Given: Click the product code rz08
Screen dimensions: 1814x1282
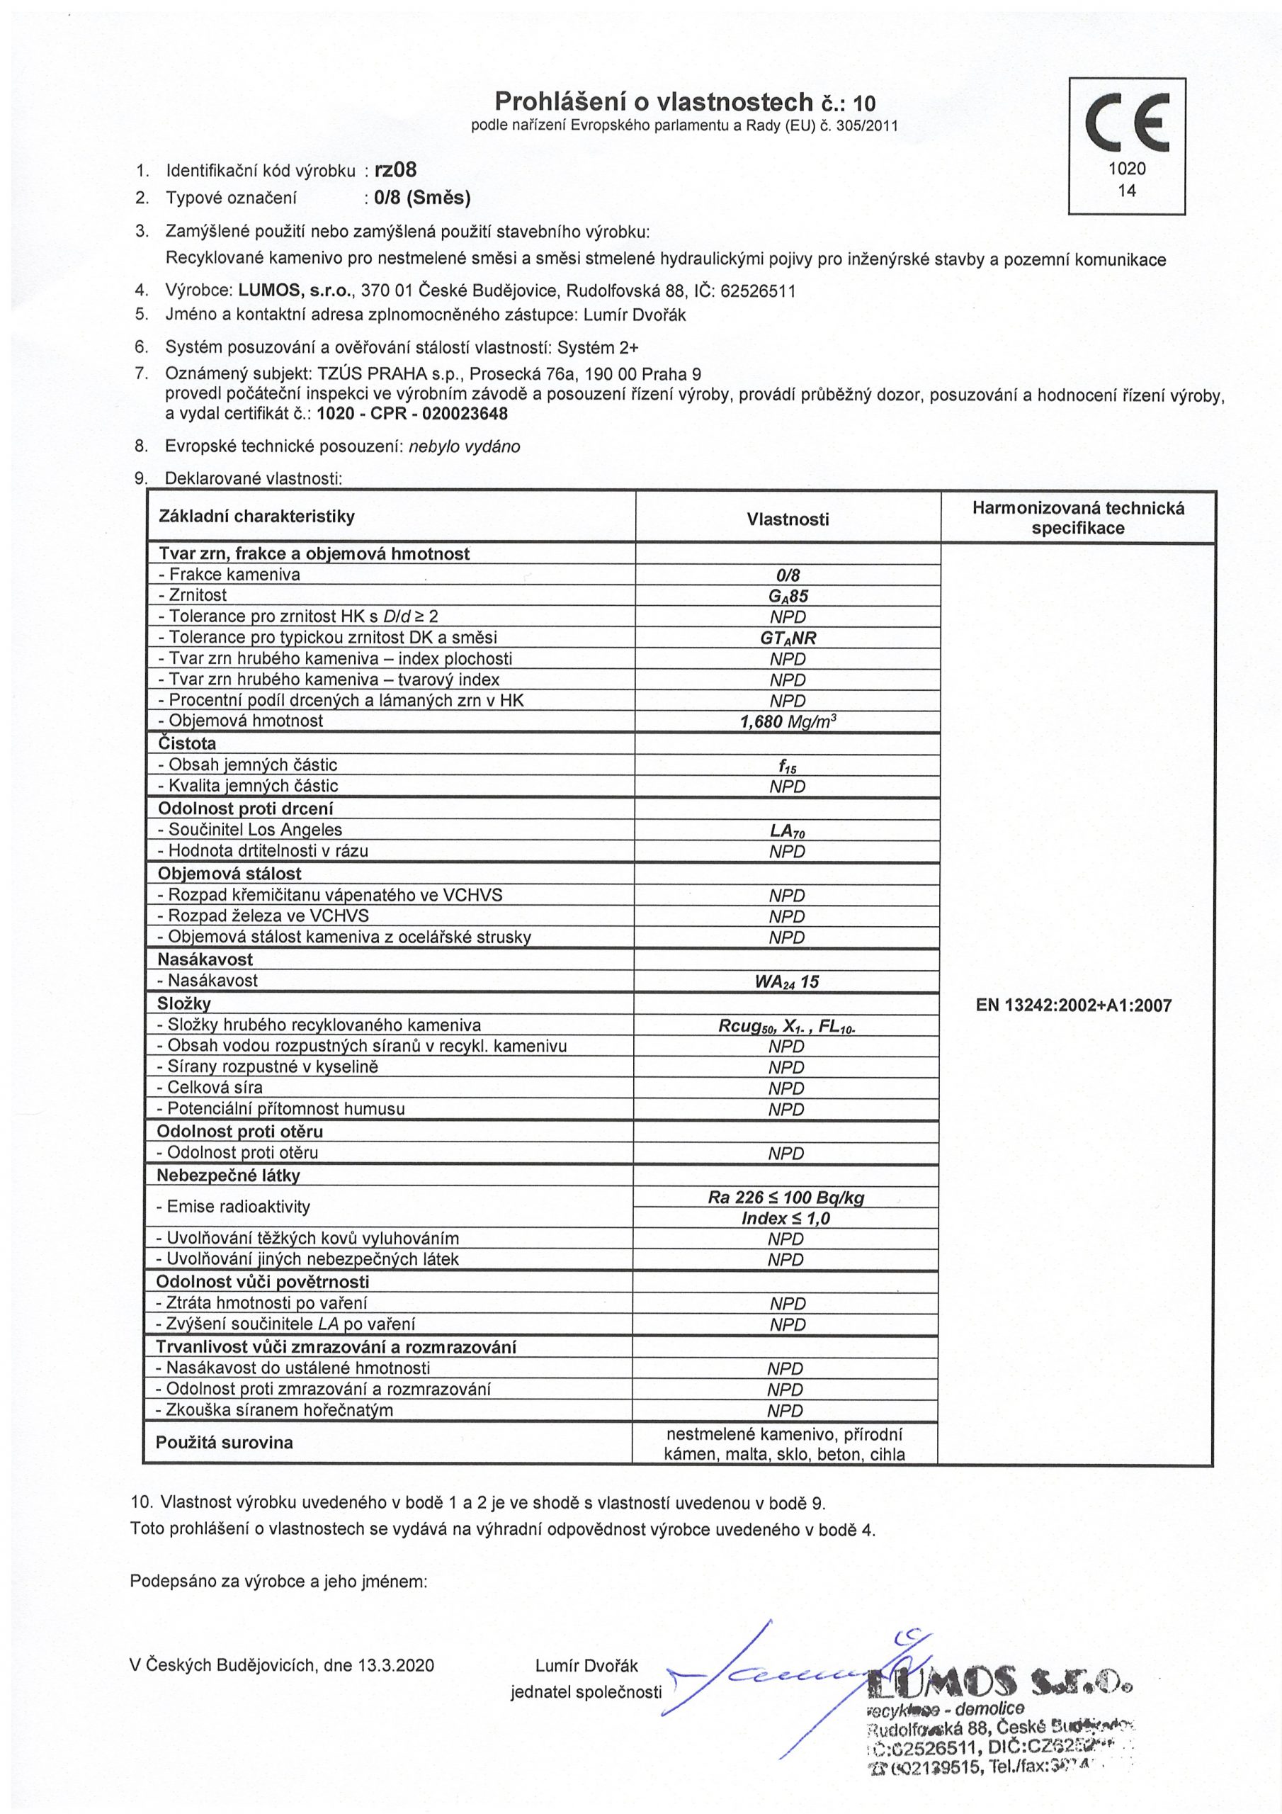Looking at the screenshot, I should [397, 169].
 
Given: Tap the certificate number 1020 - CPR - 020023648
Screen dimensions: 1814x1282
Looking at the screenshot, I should [412, 413].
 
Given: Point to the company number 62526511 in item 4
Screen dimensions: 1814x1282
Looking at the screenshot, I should [759, 291].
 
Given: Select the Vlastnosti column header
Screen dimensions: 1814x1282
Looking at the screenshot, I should [788, 519].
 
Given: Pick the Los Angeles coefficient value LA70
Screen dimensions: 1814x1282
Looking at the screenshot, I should [787, 830].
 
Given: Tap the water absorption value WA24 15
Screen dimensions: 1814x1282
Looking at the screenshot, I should [787, 981].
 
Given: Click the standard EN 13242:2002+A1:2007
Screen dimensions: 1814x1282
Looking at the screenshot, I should [1077, 1005].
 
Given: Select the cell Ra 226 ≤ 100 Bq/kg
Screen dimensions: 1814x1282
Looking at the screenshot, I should [786, 1197].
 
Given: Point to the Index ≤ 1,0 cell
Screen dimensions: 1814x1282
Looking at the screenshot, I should [786, 1218].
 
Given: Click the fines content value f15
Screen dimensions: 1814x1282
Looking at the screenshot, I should [787, 765].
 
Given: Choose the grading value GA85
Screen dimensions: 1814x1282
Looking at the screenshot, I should [787, 596].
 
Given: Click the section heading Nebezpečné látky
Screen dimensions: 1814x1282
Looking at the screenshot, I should [228, 1176].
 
